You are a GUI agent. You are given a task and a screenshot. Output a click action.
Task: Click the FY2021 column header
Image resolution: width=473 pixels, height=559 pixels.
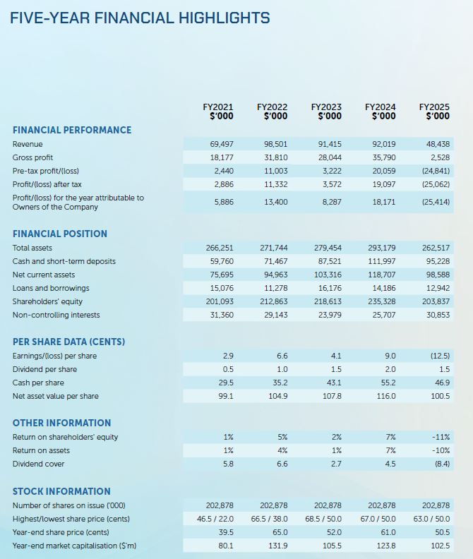click(x=218, y=112)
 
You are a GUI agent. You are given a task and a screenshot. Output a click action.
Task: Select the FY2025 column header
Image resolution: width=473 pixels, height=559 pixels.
click(x=434, y=112)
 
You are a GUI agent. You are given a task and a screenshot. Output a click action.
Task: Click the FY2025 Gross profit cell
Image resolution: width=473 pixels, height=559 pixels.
click(x=438, y=157)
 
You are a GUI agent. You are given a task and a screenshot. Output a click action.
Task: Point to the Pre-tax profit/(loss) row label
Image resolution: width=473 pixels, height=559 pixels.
click(x=47, y=171)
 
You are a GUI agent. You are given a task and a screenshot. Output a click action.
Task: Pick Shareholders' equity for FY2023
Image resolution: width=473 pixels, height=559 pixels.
click(x=328, y=301)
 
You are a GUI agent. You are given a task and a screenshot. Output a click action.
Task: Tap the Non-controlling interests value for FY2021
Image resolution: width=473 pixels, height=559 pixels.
click(x=222, y=315)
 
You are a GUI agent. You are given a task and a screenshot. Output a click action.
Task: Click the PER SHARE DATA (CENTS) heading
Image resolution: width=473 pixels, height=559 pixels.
click(x=68, y=342)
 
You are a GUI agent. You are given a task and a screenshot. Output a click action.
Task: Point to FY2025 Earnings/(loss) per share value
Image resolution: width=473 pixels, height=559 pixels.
click(x=438, y=356)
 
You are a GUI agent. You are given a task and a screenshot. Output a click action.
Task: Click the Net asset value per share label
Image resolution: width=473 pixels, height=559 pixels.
click(x=56, y=396)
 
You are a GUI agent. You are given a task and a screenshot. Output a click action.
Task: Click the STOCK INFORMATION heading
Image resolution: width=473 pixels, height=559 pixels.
click(x=61, y=491)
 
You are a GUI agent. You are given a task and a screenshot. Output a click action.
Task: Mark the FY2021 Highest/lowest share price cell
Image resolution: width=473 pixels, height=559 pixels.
click(x=215, y=519)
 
